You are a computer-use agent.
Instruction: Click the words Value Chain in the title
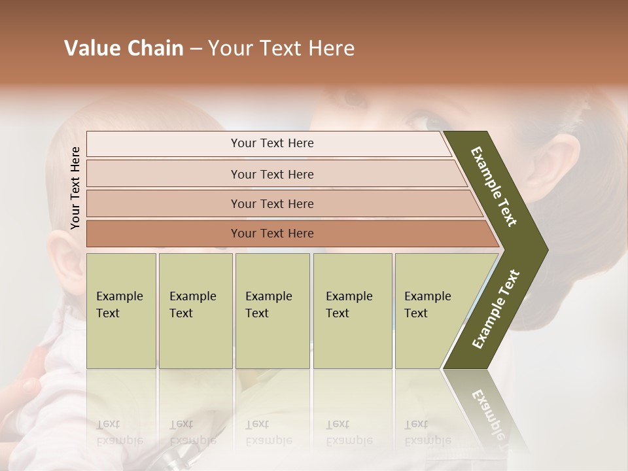click(124, 48)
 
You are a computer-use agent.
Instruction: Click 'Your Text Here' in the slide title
click(281, 48)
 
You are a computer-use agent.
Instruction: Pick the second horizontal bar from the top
click(272, 174)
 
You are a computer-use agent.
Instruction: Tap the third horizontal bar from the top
click(272, 203)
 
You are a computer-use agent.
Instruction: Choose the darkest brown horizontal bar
click(272, 234)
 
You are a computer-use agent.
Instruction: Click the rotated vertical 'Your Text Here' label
click(75, 188)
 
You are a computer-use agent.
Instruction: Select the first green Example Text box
click(121, 311)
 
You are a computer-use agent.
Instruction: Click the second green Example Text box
click(195, 311)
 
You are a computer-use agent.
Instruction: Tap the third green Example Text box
click(272, 311)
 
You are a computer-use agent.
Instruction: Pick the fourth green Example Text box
click(352, 311)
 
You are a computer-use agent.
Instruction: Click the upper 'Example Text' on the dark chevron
click(495, 186)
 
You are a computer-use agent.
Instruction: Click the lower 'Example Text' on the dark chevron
click(496, 309)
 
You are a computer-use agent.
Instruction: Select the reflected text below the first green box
click(120, 432)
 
